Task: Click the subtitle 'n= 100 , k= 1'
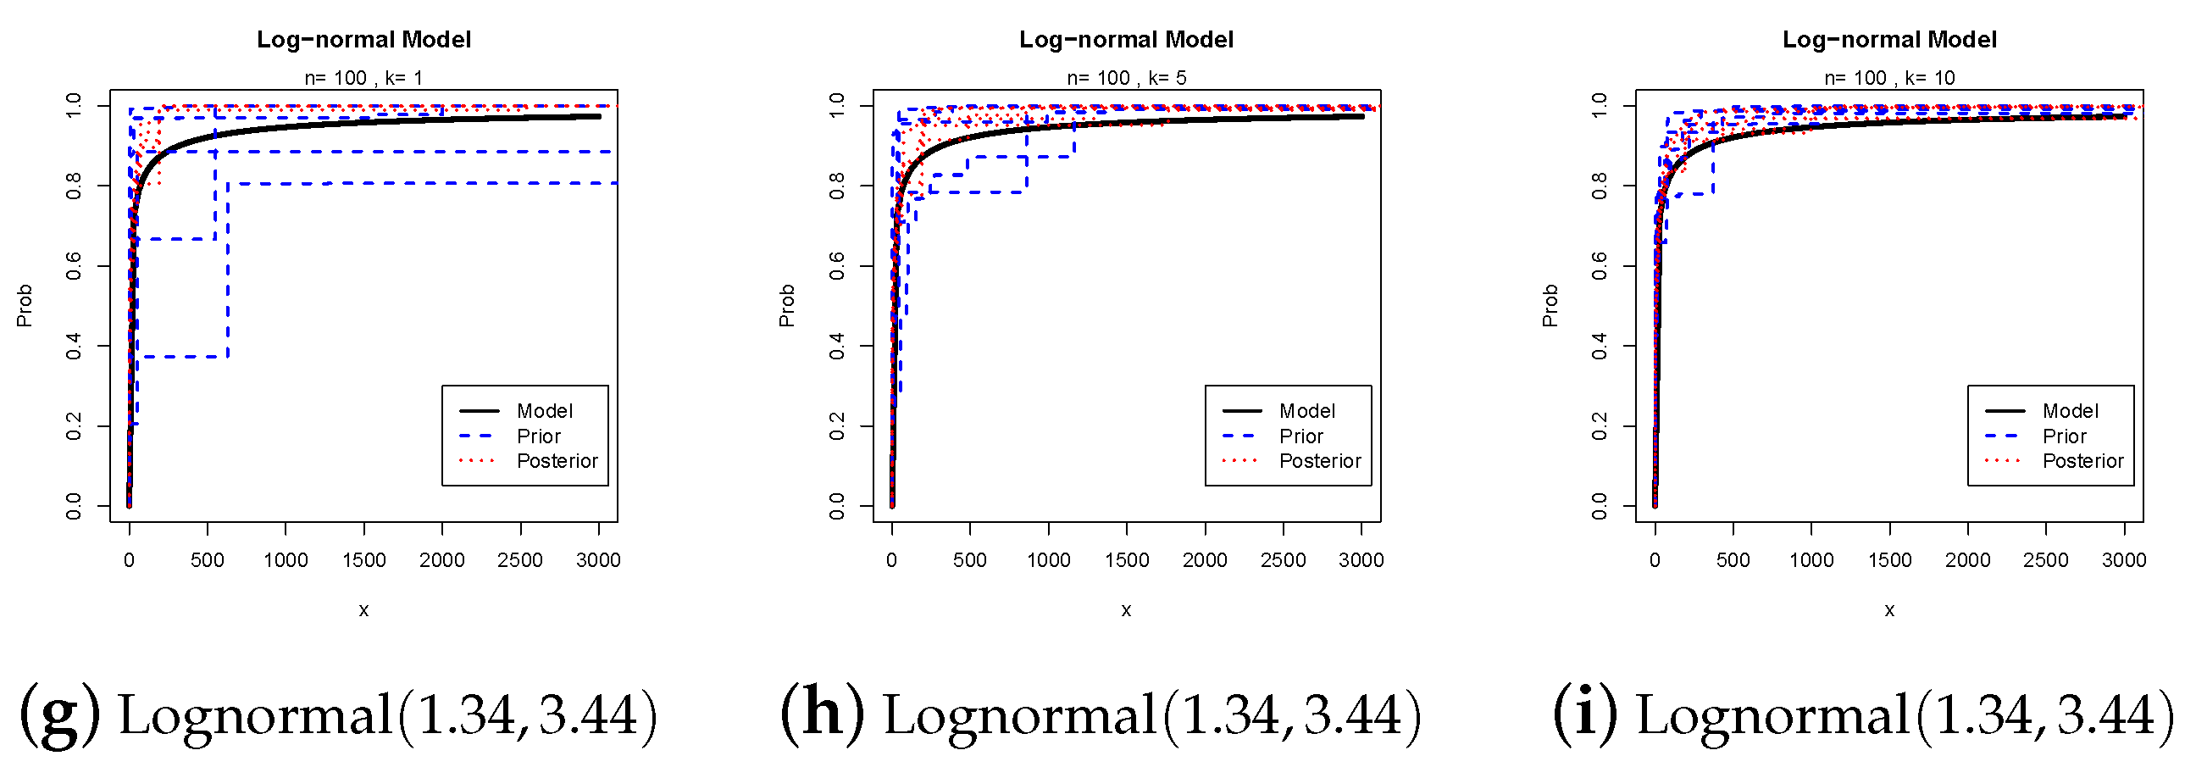[x=363, y=78]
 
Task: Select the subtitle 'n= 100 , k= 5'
[x=1126, y=78]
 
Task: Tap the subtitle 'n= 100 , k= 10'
[x=1889, y=78]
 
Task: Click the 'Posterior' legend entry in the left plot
[x=557, y=461]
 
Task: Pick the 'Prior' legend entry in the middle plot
[x=1300, y=436]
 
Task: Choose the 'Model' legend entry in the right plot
[x=2070, y=411]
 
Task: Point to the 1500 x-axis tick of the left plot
[x=364, y=560]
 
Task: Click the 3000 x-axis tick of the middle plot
[x=1361, y=560]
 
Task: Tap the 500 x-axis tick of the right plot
[x=1733, y=560]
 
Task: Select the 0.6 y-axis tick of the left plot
[x=74, y=265]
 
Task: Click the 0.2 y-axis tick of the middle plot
[x=836, y=425]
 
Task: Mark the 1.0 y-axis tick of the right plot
[x=1600, y=106]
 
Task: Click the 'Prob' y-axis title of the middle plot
[x=787, y=305]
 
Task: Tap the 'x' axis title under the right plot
[x=1889, y=610]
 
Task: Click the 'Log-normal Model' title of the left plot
[x=363, y=40]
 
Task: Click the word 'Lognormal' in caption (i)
[x=1772, y=715]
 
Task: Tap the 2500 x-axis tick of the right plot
[x=2046, y=560]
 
